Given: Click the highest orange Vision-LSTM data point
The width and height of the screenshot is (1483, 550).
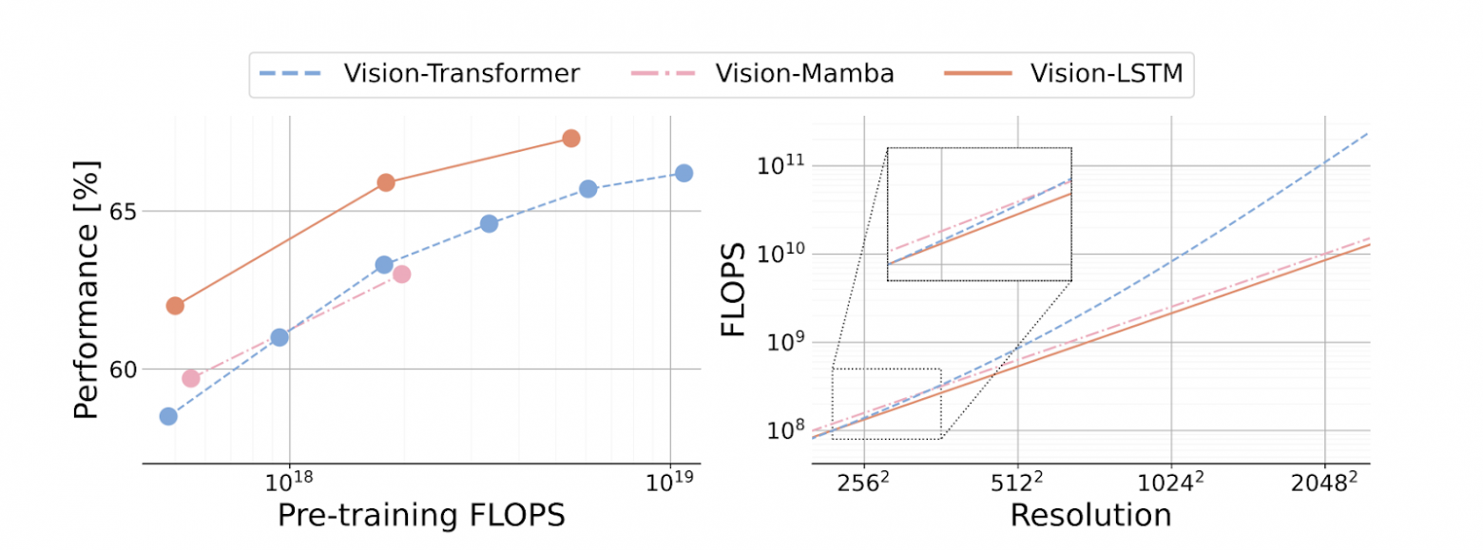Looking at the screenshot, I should [570, 138].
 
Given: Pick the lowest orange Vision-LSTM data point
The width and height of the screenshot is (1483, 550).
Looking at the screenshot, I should [175, 306].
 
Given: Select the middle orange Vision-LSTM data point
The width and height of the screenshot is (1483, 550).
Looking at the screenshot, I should [386, 182].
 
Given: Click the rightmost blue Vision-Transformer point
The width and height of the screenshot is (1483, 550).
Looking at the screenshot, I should [684, 173].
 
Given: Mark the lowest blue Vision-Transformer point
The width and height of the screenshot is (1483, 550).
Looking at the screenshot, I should [168, 416].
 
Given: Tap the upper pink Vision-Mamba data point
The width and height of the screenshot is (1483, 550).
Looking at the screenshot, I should [401, 274].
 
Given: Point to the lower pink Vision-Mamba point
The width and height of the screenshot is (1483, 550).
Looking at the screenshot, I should [191, 378].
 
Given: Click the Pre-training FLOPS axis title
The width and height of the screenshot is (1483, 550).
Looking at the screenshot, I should [421, 514].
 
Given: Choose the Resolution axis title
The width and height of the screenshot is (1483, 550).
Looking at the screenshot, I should [1090, 514].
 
